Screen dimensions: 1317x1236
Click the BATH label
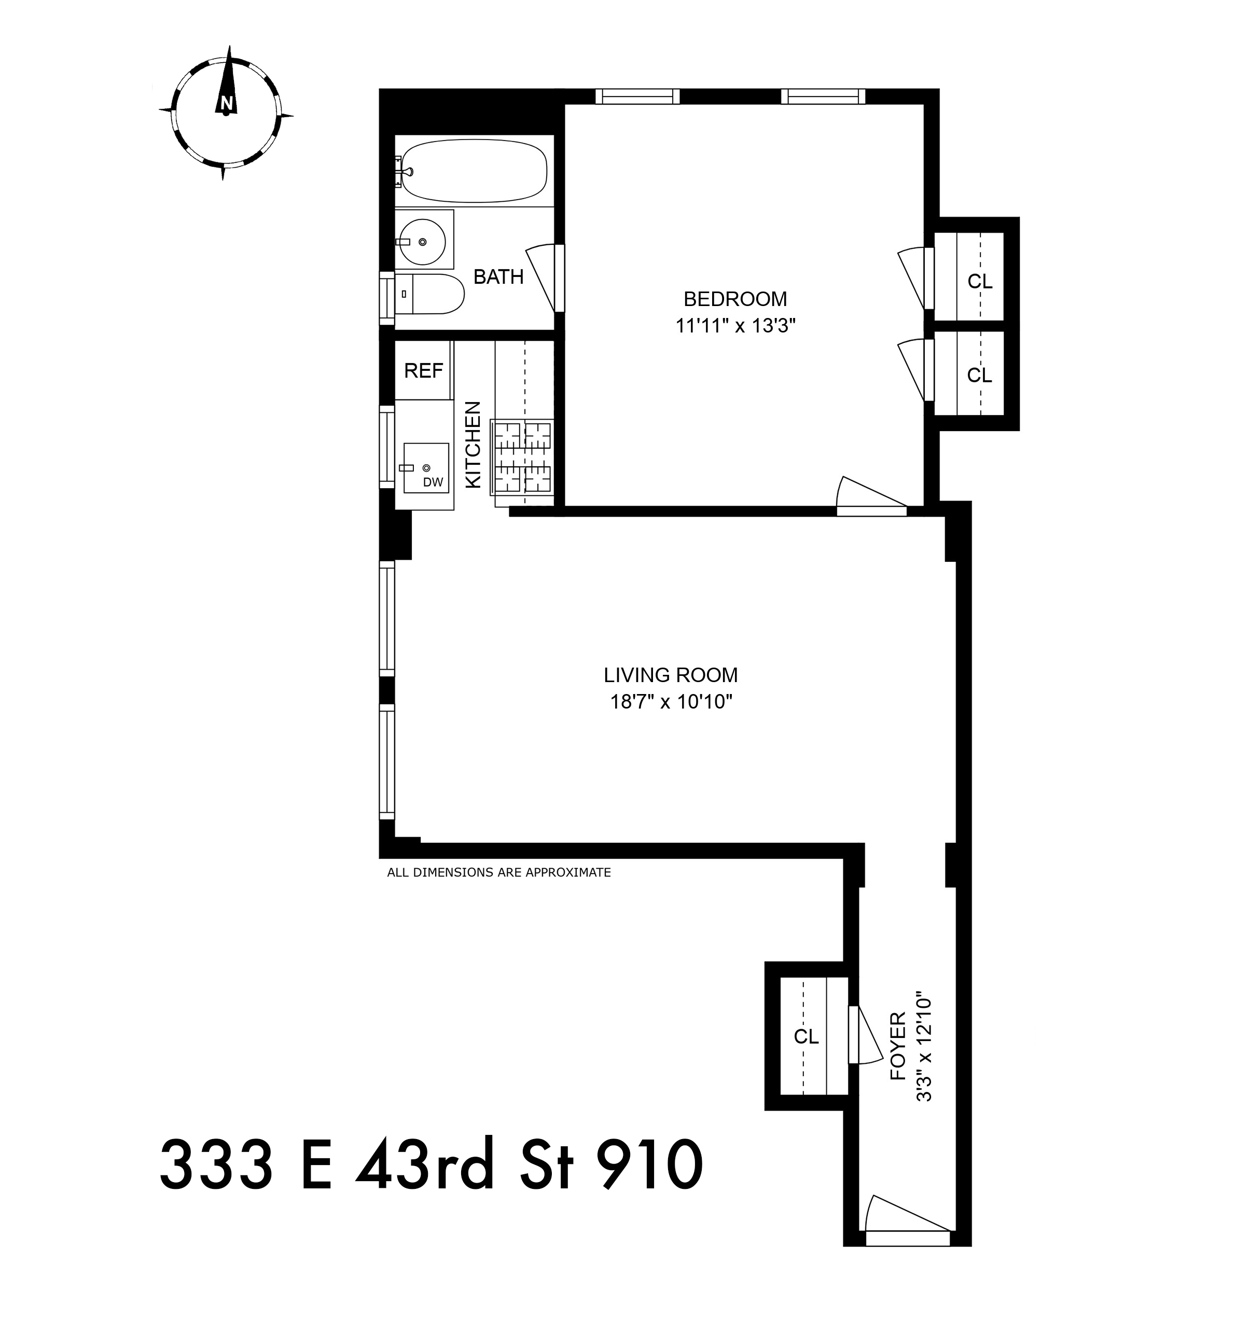tap(498, 277)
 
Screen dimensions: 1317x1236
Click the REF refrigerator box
tap(423, 371)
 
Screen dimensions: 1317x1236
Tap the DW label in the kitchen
tap(433, 482)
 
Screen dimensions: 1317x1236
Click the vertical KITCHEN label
tap(473, 445)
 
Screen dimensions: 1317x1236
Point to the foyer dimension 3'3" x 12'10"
tap(924, 1046)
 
